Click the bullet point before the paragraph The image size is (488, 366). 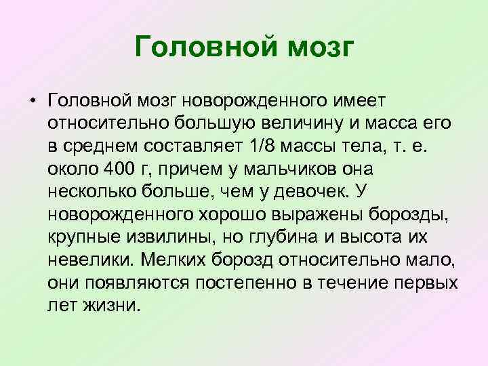point(32,102)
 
